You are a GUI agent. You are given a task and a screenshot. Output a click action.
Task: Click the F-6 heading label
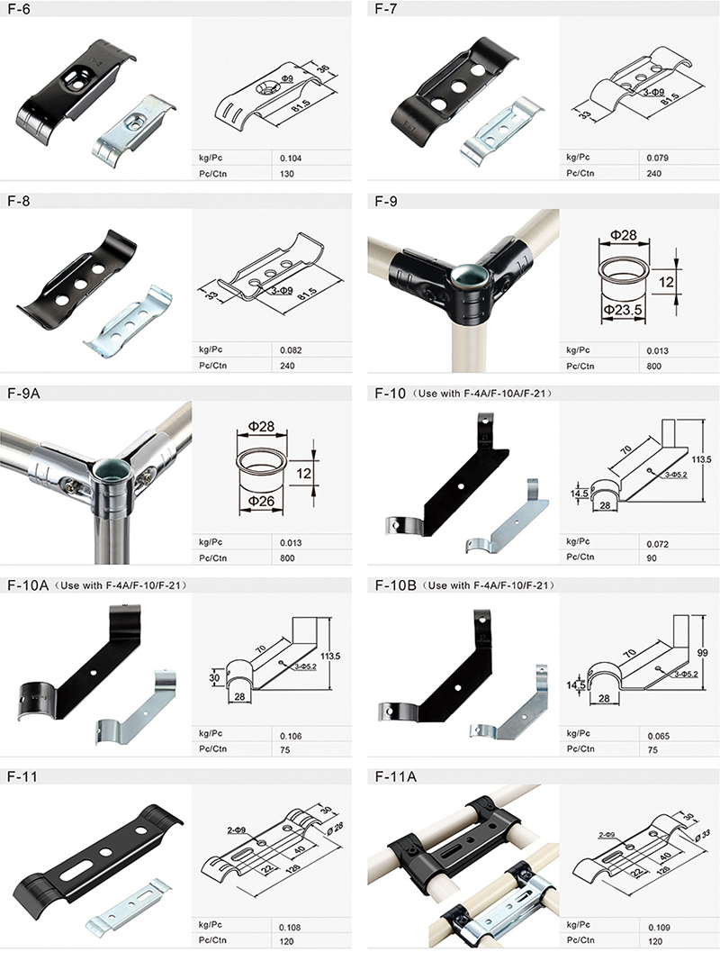18,9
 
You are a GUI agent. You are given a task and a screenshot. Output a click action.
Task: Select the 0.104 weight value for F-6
291,159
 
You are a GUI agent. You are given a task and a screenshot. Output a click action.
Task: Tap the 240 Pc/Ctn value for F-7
654,174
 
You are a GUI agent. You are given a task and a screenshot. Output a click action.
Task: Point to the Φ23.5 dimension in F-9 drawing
623,310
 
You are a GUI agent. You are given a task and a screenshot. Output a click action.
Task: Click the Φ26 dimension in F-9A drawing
260,502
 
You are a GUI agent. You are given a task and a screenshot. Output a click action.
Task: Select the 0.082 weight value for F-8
291,350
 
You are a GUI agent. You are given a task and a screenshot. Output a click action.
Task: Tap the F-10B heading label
395,585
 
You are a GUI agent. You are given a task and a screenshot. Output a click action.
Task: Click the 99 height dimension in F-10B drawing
702,653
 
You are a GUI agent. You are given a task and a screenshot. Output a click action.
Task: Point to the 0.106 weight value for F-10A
291,736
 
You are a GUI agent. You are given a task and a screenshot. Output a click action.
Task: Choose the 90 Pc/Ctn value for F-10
652,558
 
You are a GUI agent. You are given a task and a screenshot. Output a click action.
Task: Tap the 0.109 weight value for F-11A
660,928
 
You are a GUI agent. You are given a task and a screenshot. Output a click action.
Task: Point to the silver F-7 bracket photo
501,131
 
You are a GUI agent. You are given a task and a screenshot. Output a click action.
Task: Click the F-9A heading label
23,394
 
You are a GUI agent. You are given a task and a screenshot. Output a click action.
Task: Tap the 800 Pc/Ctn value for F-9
654,366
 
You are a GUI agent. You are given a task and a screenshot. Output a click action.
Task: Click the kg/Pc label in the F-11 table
211,925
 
